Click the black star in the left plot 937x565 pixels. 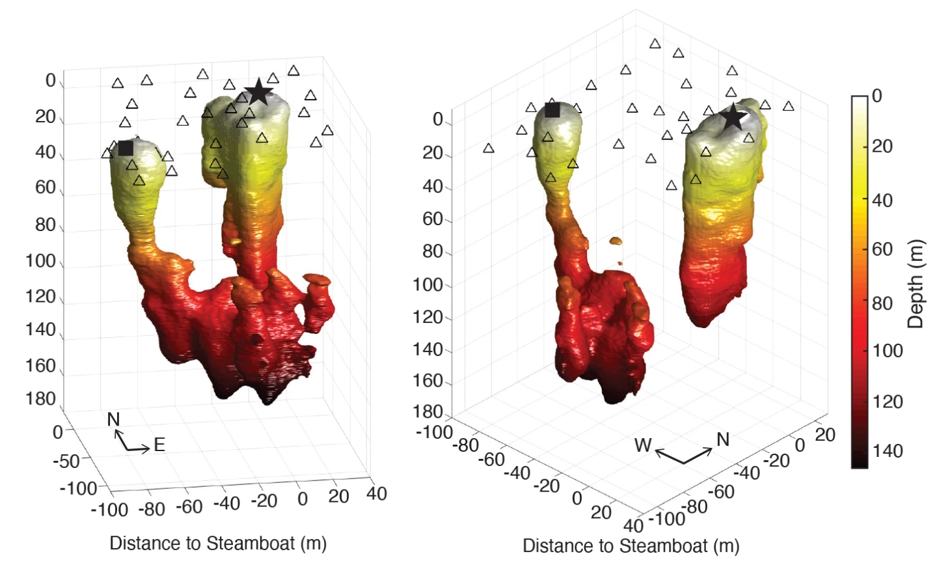point(258,92)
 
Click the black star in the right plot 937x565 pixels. point(733,118)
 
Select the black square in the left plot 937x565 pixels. point(126,148)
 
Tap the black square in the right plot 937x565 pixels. point(552,110)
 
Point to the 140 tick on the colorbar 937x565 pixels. point(888,450)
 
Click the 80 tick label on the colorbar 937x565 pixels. point(882,303)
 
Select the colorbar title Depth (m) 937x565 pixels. point(914,284)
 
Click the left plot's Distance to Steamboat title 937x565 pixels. point(218,543)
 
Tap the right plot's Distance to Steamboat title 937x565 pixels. point(631,545)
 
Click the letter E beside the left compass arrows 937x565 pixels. point(159,445)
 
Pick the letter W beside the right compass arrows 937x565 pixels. point(643,445)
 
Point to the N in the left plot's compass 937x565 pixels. point(114,419)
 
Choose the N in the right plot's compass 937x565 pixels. point(723,440)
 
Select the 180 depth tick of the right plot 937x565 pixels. point(428,412)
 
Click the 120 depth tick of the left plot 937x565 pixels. point(40,296)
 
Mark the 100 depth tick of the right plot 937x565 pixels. point(428,284)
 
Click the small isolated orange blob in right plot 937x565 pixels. point(616,241)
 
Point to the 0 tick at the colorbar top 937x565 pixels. point(877,96)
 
